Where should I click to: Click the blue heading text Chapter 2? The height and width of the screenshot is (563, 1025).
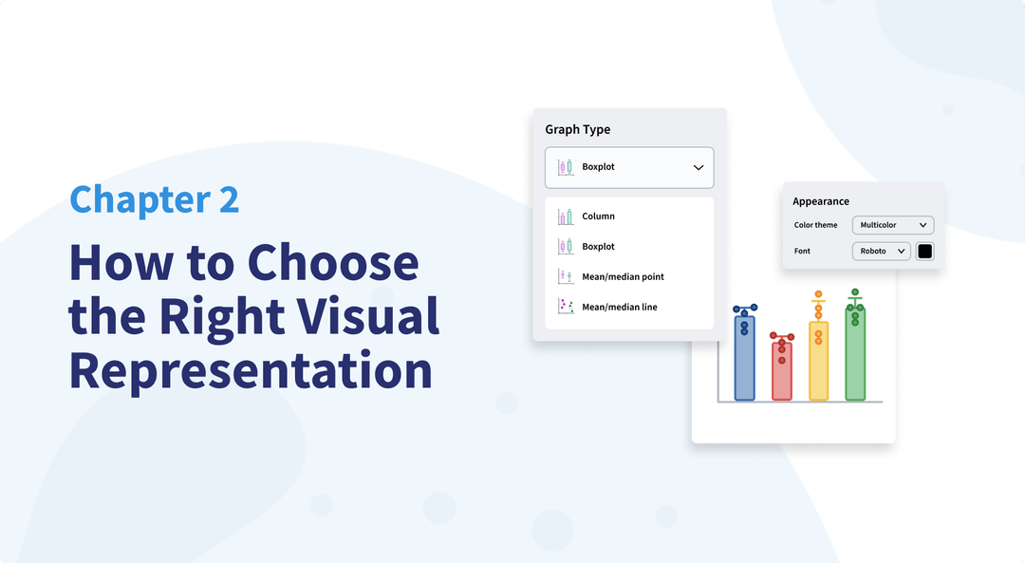(x=155, y=199)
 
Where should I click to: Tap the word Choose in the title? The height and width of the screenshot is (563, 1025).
(x=333, y=262)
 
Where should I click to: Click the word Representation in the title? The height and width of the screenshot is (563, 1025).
(x=251, y=370)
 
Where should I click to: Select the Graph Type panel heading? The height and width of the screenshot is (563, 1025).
(x=577, y=129)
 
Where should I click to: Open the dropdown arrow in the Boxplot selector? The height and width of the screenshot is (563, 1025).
(x=699, y=167)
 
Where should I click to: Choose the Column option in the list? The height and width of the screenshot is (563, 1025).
(x=598, y=216)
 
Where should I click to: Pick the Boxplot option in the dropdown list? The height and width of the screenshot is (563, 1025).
(x=598, y=247)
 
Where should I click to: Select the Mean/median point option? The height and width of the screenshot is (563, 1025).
(x=623, y=277)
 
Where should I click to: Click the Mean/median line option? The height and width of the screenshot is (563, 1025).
(x=619, y=308)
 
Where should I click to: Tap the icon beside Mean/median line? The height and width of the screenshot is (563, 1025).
(x=566, y=307)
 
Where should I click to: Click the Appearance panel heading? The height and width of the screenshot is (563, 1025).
(x=821, y=201)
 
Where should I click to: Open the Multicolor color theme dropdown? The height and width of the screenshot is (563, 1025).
(x=893, y=225)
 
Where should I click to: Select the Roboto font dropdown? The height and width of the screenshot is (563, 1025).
(x=881, y=252)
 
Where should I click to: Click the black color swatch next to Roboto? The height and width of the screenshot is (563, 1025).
(x=924, y=252)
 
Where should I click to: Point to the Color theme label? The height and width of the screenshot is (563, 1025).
(x=815, y=225)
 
